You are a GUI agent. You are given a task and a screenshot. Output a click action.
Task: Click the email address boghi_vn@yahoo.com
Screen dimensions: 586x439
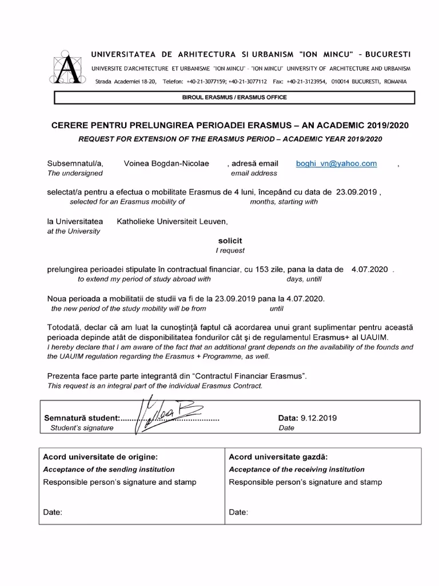click(x=336, y=164)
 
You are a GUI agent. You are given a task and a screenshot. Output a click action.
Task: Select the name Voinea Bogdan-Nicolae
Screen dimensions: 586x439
click(x=166, y=164)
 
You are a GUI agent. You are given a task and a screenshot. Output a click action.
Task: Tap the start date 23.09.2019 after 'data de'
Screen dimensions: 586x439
click(x=357, y=192)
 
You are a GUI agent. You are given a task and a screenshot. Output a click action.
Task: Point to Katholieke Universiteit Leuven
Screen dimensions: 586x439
click(x=172, y=221)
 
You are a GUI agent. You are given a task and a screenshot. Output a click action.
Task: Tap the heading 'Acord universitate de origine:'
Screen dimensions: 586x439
click(x=100, y=457)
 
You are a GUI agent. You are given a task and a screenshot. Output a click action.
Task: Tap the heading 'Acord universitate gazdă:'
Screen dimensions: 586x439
click(x=278, y=457)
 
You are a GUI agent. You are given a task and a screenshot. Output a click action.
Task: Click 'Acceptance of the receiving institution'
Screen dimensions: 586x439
click(x=297, y=469)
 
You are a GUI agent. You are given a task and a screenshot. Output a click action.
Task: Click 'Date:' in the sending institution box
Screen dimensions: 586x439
click(x=53, y=512)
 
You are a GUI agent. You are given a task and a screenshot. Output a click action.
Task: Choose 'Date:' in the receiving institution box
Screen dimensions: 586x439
click(x=238, y=512)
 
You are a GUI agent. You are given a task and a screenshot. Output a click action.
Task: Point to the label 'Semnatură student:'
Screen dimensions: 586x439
click(x=82, y=418)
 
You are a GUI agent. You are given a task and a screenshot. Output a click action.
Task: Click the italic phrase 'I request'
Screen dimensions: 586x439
click(x=230, y=251)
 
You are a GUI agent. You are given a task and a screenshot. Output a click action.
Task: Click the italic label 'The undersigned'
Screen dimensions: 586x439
click(x=75, y=173)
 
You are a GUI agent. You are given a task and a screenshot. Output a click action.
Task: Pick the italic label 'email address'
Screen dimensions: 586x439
click(x=254, y=173)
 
